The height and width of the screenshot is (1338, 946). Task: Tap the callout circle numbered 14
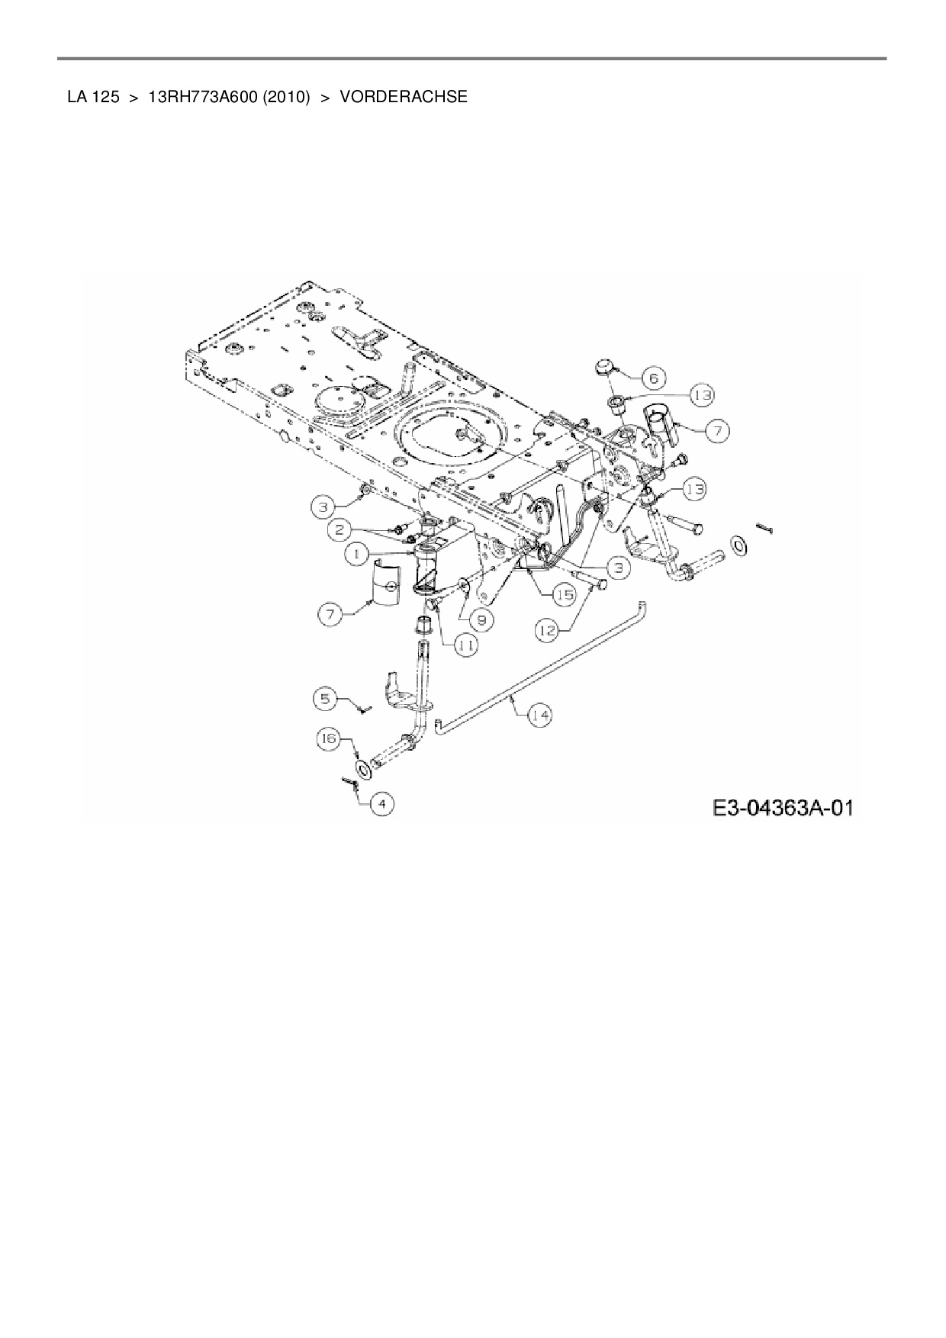540,715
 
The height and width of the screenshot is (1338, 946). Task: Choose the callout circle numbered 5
326,697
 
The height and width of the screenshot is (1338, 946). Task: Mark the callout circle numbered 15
564,596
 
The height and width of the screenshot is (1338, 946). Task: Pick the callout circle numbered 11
466,645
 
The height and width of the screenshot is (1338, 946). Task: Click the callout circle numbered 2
343,528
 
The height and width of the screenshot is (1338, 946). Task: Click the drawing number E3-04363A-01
782,807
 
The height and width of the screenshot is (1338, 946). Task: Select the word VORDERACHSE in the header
404,97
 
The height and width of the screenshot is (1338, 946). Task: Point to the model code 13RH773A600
201,97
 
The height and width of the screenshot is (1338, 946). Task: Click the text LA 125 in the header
92,97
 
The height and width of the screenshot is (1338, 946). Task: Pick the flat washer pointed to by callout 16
364,768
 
